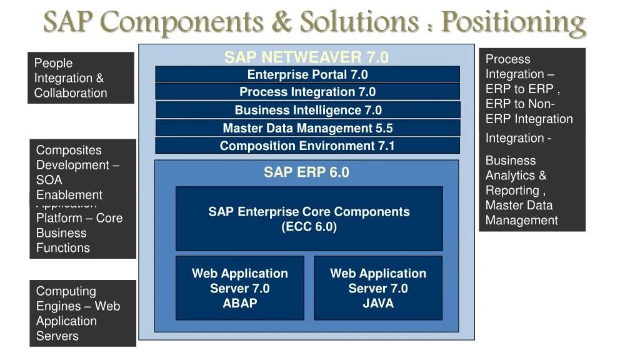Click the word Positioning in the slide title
tap(514, 23)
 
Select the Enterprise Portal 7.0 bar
tap(307, 75)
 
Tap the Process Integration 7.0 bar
tap(307, 92)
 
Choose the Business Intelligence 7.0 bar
tap(307, 111)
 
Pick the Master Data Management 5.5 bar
tap(307, 128)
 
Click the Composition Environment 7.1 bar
tap(307, 146)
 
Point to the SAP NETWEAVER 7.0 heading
tap(306, 57)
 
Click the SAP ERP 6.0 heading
tap(306, 172)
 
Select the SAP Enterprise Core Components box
tap(309, 219)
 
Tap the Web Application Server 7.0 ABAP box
tap(240, 288)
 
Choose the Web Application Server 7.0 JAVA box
tap(378, 288)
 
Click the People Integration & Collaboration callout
tap(81, 78)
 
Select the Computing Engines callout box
tap(82, 313)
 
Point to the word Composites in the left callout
tap(69, 150)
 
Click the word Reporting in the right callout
tap(513, 191)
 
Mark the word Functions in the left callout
tap(63, 247)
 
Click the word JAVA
tap(378, 304)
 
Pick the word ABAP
tap(240, 304)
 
